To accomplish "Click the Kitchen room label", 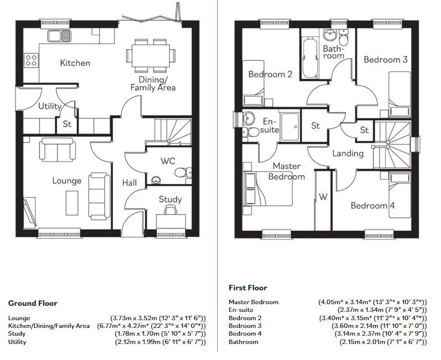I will tap(75, 63).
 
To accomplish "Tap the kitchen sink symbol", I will tap(59, 36).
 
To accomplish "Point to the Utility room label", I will tap(50, 106).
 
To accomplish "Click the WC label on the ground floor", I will tap(168, 161).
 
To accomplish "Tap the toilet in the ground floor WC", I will tap(182, 173).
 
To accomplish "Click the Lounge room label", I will tap(67, 181).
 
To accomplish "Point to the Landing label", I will tap(348, 153).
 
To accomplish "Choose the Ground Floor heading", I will tap(33, 303).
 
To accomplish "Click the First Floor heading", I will tap(248, 288).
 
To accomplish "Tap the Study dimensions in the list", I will tap(160, 334).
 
